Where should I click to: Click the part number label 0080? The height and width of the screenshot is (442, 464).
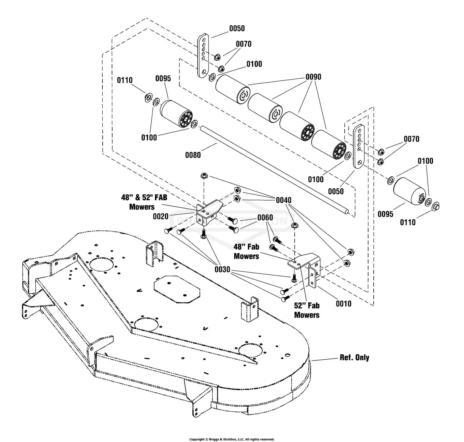tap(193, 155)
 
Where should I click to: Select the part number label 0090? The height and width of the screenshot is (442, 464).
tap(313, 77)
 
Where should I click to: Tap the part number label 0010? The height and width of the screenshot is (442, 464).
tap(343, 304)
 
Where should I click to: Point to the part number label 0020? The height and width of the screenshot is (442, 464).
tap(161, 216)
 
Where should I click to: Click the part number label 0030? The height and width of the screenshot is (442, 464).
tap(222, 269)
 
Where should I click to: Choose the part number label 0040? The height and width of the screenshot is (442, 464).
tap(284, 200)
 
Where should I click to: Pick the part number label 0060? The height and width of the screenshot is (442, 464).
tap(265, 218)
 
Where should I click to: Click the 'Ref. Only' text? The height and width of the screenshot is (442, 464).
tap(354, 357)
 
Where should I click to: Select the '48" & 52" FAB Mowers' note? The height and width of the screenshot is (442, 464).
tap(144, 202)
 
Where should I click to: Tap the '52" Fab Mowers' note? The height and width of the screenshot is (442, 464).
tap(307, 310)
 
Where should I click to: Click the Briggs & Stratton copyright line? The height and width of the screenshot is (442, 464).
tap(232, 439)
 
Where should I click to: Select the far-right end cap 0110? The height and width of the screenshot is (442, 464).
tap(436, 206)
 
